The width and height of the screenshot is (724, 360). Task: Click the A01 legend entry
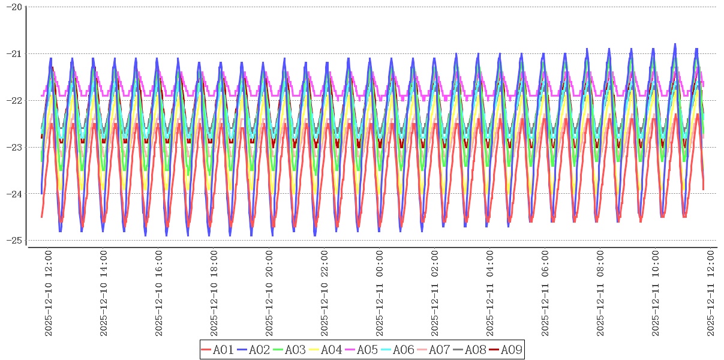(x=217, y=350)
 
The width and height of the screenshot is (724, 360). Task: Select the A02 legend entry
(x=253, y=350)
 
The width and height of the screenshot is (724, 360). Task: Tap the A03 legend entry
(x=289, y=350)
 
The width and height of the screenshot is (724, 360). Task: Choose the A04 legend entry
(x=325, y=350)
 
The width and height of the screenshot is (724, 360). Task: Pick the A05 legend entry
(x=361, y=350)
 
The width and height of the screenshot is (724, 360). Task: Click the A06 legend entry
(x=397, y=350)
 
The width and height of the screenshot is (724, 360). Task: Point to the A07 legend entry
(x=433, y=350)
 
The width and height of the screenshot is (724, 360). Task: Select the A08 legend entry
(x=469, y=350)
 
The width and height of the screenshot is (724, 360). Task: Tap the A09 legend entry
(x=505, y=350)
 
